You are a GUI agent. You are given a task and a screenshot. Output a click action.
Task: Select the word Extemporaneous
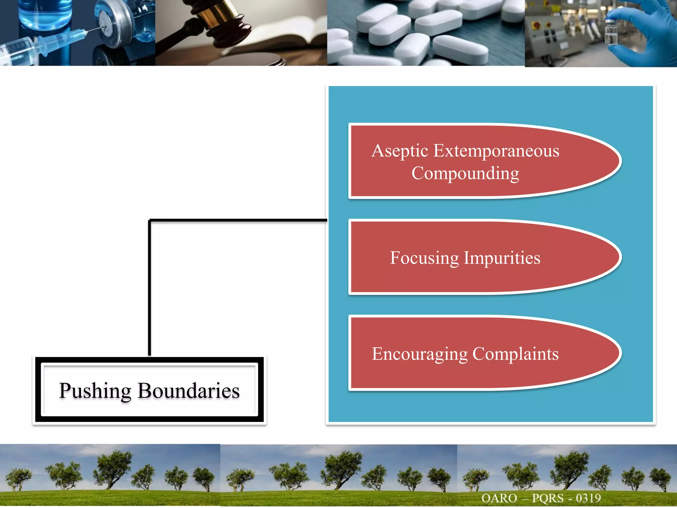tap(496, 151)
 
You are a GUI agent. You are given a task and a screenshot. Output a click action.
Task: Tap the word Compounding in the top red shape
tap(465, 174)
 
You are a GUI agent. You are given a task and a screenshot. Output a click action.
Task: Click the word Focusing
tap(424, 258)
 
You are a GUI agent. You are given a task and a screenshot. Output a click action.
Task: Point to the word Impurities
tap(502, 258)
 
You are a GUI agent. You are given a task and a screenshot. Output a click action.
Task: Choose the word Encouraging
tap(419, 354)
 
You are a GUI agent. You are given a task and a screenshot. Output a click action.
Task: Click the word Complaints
tap(515, 354)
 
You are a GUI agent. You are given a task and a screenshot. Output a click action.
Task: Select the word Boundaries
tap(188, 391)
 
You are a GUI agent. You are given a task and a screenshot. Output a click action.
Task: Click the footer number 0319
tap(588, 498)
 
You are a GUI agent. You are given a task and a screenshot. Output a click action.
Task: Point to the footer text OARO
tap(499, 498)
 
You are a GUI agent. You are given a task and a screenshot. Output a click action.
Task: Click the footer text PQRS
tap(547, 498)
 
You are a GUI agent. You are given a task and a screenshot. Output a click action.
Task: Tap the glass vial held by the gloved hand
tap(611, 31)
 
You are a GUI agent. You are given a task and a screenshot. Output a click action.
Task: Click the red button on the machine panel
tap(537, 25)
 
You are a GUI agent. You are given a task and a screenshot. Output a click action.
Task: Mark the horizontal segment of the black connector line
tap(238, 220)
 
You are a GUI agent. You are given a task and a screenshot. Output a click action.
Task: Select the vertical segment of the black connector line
tap(149, 288)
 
